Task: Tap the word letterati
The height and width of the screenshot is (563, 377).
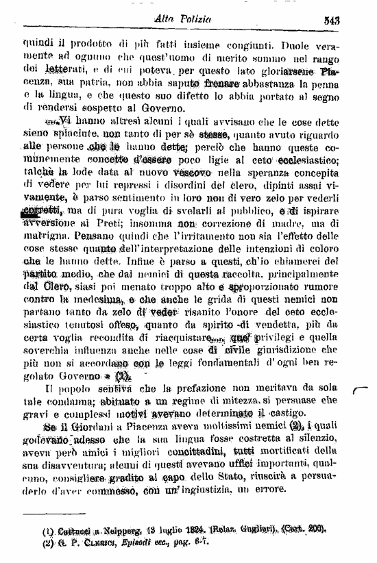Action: (x=62, y=69)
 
